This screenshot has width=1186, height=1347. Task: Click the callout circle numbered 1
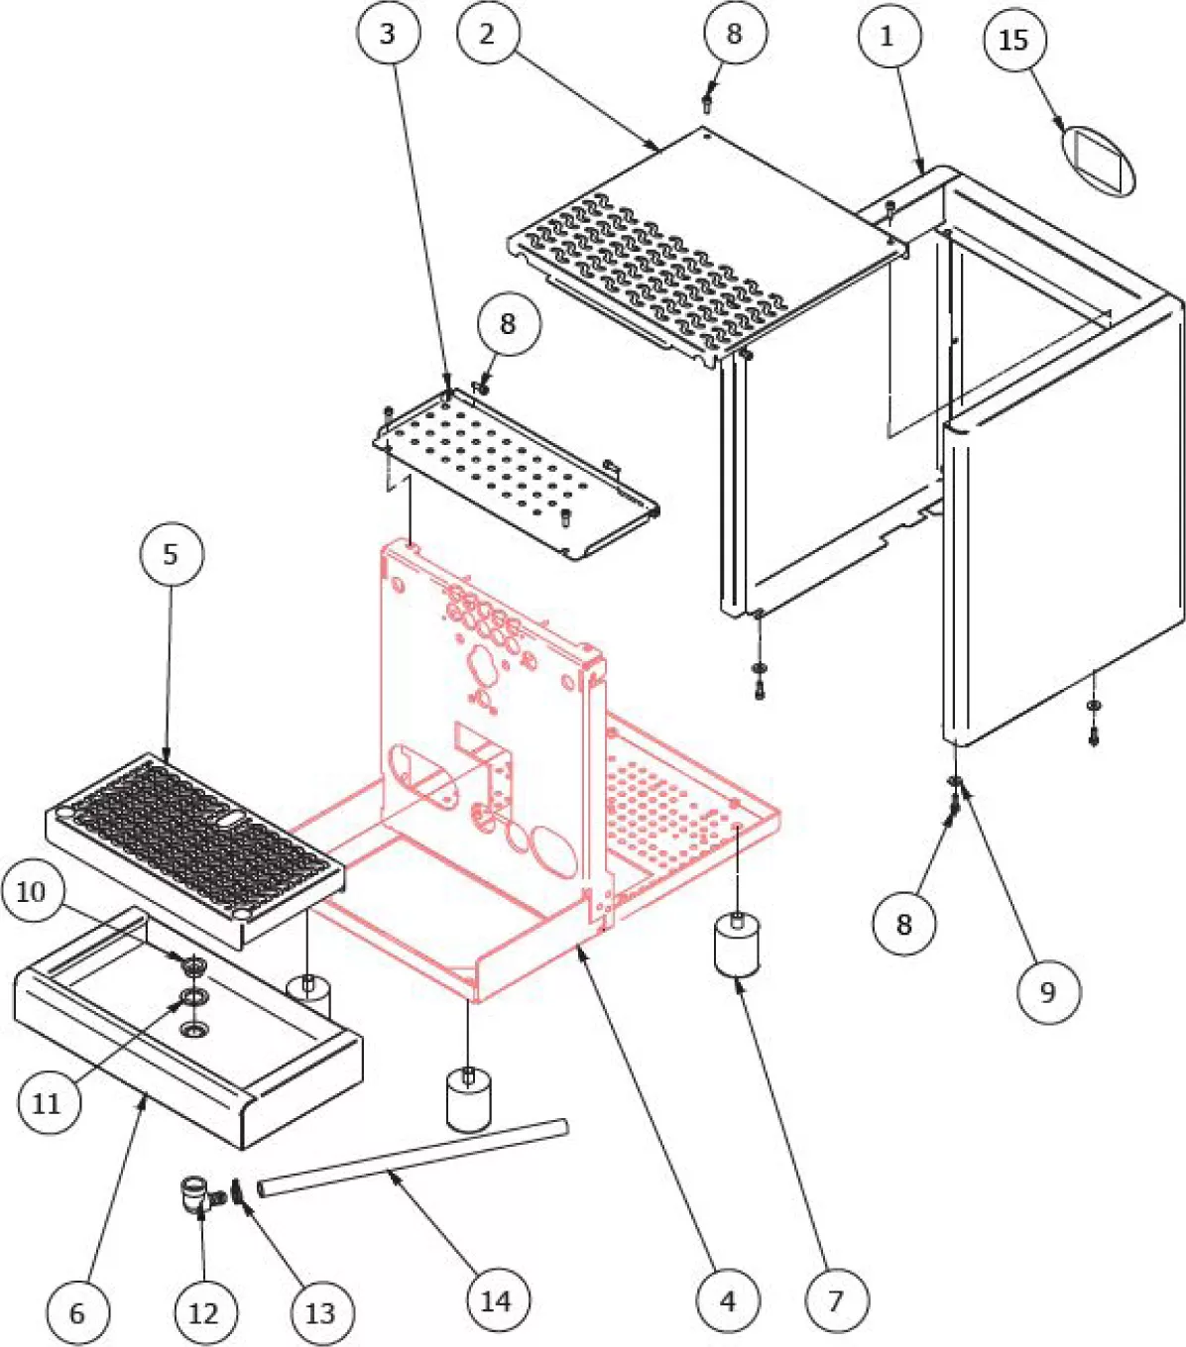coord(888,38)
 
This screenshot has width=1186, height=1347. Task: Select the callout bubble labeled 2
coord(487,34)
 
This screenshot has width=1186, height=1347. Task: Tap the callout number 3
coord(387,34)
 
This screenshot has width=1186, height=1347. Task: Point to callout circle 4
coord(728,1300)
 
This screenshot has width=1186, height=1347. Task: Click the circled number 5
coord(171,554)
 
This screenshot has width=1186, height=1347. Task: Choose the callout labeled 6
coord(77,1313)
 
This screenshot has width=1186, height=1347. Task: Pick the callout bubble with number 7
coord(835,1300)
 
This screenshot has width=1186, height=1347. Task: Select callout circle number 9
coord(1048,991)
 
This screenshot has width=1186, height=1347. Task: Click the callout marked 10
coord(32,892)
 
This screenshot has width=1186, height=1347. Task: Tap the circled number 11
coord(47,1102)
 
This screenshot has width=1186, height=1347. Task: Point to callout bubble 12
coord(203,1313)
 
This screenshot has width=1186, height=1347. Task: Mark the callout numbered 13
coord(320,1313)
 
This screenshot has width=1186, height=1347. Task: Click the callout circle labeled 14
coord(496,1300)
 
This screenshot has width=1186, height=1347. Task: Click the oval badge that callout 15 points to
coord(1099,160)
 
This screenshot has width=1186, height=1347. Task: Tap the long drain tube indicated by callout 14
coord(413,1158)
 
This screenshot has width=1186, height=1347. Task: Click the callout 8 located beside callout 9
coord(903,924)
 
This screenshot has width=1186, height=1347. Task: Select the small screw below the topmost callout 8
coord(707,101)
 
